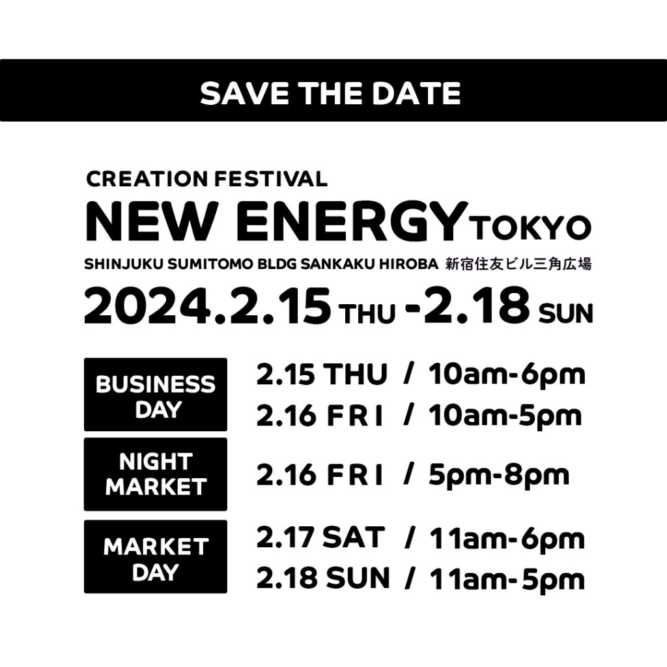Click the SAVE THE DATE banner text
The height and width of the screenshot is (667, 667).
click(x=330, y=93)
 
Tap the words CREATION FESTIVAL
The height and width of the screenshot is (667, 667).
click(x=206, y=179)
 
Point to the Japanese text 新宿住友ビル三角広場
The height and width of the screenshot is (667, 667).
click(x=518, y=264)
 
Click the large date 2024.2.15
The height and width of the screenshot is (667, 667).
click(x=207, y=306)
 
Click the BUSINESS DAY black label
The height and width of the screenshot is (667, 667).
click(x=156, y=395)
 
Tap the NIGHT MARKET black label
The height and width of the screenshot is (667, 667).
click(x=156, y=474)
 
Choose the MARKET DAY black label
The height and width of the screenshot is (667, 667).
click(x=156, y=556)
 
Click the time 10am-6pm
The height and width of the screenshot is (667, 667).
click(x=507, y=375)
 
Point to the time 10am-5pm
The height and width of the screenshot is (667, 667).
click(x=505, y=416)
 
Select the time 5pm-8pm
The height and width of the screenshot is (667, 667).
click(x=499, y=475)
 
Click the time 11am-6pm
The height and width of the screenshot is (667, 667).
click(x=507, y=539)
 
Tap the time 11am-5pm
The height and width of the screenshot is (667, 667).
click(x=507, y=579)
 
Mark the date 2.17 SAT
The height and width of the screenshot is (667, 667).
click(x=320, y=537)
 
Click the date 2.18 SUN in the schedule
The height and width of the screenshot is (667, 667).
click(x=323, y=578)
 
